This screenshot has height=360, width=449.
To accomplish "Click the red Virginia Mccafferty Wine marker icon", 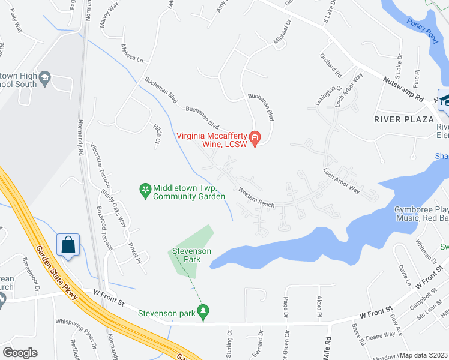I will click(x=255, y=139).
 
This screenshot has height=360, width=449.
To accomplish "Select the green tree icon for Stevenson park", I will click(x=203, y=312).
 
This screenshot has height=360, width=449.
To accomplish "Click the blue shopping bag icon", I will click(x=67, y=245).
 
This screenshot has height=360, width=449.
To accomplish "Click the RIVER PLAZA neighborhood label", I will click(x=403, y=119).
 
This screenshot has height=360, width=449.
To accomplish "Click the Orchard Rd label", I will click(x=331, y=67).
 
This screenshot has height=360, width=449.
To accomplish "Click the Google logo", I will click(x=20, y=353).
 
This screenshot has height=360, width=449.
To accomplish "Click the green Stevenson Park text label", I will click(x=191, y=255).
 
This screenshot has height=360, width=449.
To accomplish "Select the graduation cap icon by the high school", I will click(x=44, y=79).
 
